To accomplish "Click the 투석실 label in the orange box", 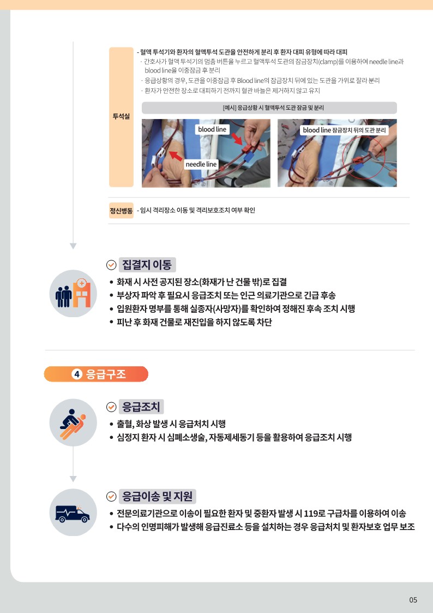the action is pos(121,116).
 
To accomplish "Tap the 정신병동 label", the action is pos(121,210).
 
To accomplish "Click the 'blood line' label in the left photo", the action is pos(212,129).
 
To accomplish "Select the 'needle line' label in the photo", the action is pos(201,164).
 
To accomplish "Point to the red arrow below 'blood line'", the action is pos(237,139).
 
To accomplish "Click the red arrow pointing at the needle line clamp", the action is pos(176,155).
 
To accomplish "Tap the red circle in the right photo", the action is pos(364,158).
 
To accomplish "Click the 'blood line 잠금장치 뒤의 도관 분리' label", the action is pos(344,130).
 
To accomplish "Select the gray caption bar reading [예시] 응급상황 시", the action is pos(269,108).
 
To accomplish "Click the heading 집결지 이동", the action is pos(147,265).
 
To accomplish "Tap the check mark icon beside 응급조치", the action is pos(111,407).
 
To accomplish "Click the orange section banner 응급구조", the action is pos(96,374).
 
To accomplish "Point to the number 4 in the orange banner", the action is pos(77,374).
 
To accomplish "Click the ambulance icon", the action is pos(73,513).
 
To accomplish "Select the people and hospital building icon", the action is pos(73,294).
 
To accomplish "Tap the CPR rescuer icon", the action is pos(73,423).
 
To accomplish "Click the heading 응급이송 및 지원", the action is pos(158,497).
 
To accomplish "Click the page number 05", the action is pos(413,600).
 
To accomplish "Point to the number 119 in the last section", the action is pos(302,513).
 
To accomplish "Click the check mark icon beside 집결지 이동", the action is pos(111,265).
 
